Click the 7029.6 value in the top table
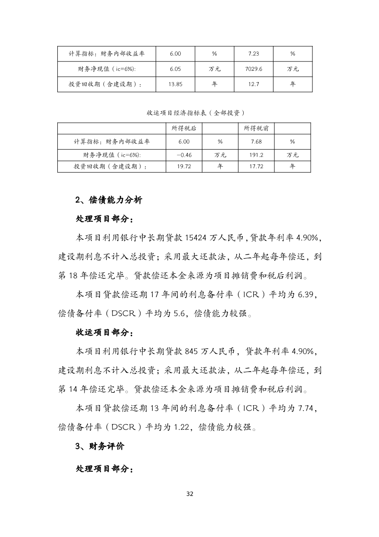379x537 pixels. (254, 69)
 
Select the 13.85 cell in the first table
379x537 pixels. (175, 84)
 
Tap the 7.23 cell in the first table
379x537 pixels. (254, 54)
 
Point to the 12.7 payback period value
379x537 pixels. (254, 84)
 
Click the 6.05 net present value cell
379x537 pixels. (175, 69)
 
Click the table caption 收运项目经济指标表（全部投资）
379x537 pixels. (189, 113)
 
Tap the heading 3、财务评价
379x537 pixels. (99, 446)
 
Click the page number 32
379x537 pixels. (190, 494)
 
